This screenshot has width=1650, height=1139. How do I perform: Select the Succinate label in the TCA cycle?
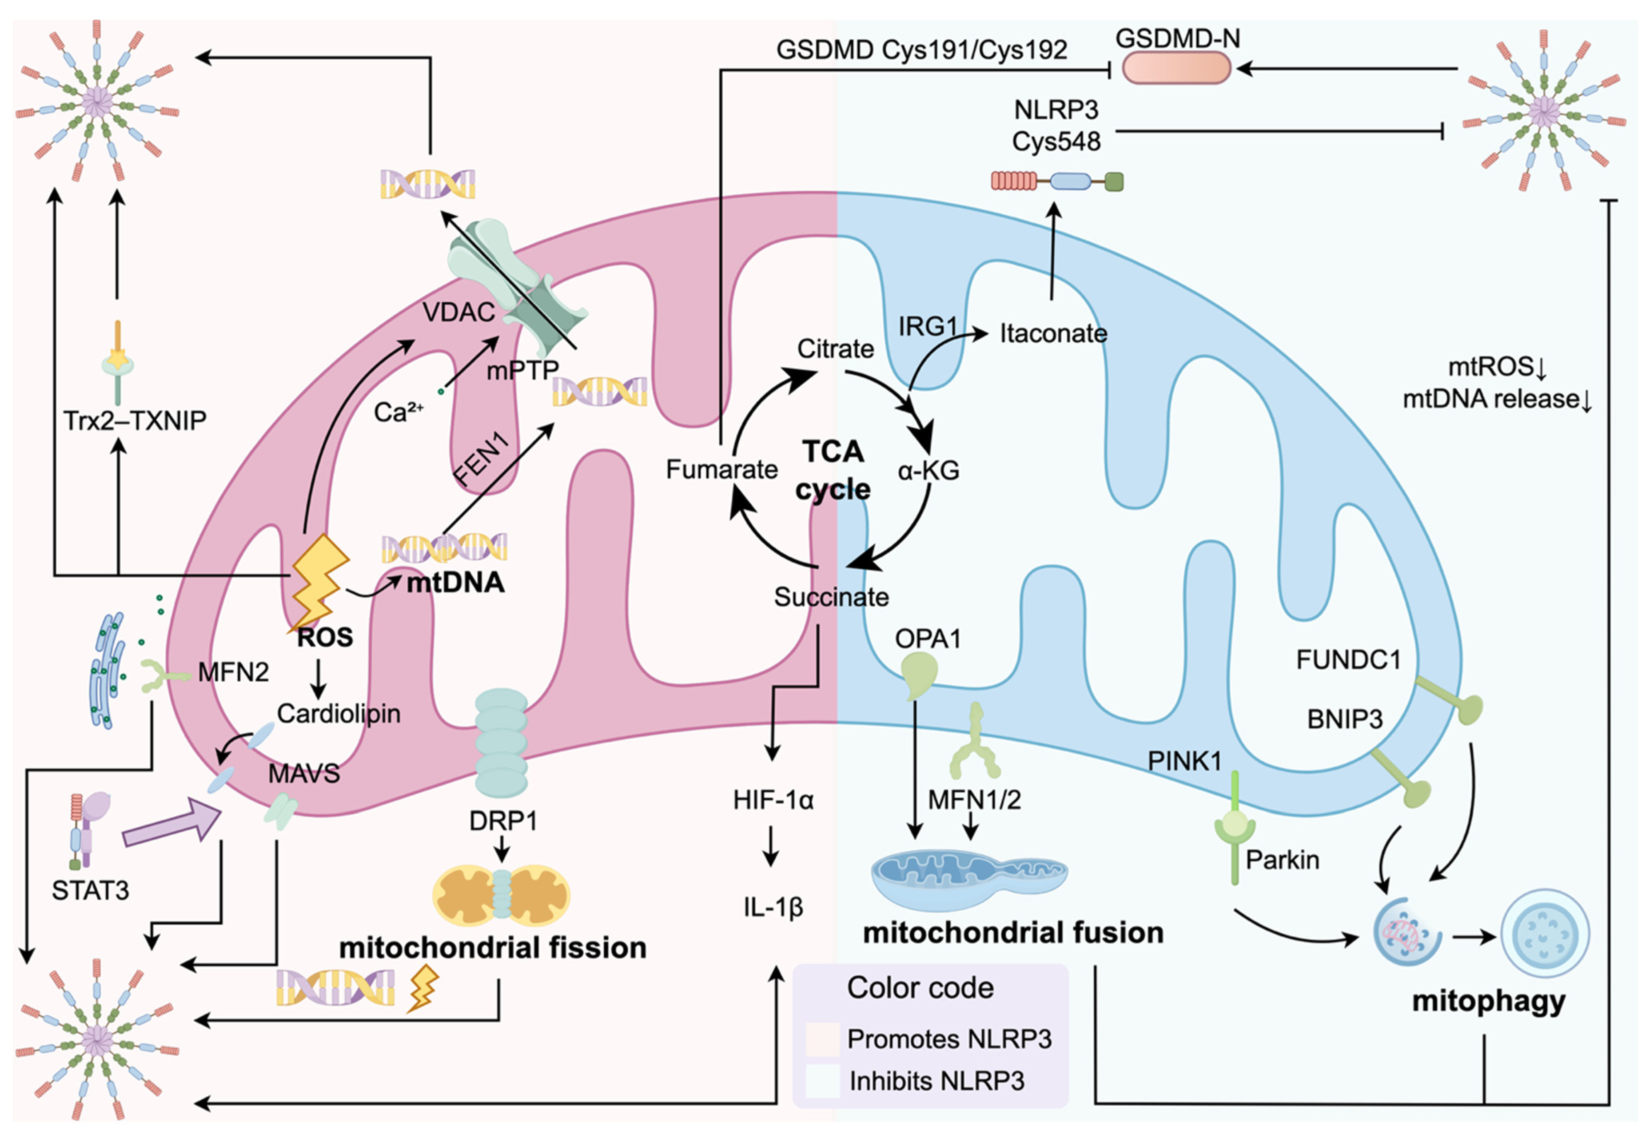coord(831,597)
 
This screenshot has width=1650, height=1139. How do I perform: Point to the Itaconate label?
coord(1053,333)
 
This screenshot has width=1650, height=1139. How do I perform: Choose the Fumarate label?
coord(721,469)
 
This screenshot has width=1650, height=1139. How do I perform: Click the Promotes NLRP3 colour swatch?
coord(822,1039)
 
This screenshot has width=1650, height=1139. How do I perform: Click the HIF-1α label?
coord(773,800)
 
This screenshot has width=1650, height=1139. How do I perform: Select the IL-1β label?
coord(773,907)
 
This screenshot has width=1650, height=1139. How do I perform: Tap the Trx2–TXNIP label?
coord(135,420)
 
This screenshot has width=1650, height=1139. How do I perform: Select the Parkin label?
coord(1282,860)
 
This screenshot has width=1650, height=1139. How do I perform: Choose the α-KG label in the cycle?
coord(929,470)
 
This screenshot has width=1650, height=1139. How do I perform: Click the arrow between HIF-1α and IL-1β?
coord(770,847)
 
